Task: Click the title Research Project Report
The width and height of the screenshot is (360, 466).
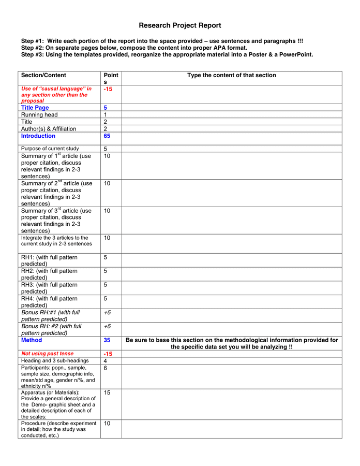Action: coord(179,25)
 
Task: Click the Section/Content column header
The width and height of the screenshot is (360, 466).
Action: coord(43,76)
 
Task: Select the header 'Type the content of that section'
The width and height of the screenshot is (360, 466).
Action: coord(231,76)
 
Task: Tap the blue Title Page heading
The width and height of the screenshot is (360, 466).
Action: coord(35,108)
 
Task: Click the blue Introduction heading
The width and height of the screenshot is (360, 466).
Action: coord(38,136)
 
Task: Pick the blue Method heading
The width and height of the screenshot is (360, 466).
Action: coord(32,341)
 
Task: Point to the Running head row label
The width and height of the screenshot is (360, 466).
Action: coord(39,115)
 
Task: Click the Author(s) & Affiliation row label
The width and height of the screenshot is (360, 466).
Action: coord(49,129)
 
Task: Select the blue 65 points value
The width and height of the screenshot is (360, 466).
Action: coord(107,136)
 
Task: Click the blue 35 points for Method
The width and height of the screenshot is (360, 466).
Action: coord(107,341)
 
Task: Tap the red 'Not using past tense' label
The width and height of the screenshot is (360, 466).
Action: coord(47,354)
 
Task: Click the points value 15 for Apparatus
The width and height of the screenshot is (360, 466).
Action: coord(107,392)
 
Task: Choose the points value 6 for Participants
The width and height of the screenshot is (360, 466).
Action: coord(106,368)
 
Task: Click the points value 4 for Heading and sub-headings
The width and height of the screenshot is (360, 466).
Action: coord(106,361)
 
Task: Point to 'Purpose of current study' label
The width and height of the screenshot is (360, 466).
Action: coord(50,149)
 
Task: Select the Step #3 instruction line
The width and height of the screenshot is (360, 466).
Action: coord(167,54)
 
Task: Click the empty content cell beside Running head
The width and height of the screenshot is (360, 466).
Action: coord(231,115)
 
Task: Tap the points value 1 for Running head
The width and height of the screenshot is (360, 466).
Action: coord(106,115)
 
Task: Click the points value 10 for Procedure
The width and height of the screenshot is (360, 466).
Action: coord(107,423)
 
